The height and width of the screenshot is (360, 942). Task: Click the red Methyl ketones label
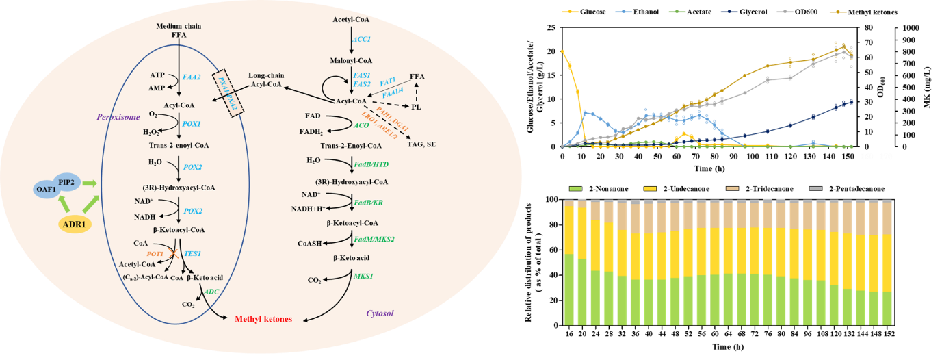[263, 319]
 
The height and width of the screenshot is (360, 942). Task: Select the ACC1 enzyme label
[361, 40]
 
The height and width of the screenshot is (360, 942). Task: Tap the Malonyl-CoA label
[352, 60]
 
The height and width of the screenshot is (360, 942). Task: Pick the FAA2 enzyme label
[191, 77]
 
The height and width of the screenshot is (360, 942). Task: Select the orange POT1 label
[155, 253]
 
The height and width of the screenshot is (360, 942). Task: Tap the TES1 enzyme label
[192, 253]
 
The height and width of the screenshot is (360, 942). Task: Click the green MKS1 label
[363, 275]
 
